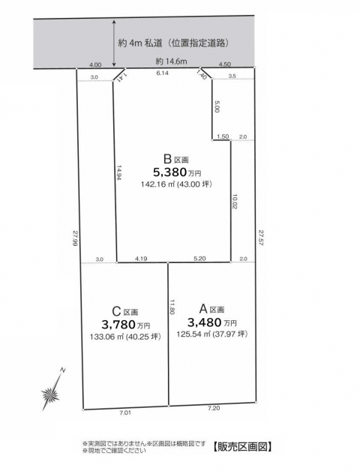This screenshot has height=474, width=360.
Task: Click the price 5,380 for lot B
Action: pyautogui.click(x=169, y=172)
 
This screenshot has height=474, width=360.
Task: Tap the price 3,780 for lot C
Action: pyautogui.click(x=118, y=325)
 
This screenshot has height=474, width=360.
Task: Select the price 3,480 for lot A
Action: pyautogui.click(x=205, y=322)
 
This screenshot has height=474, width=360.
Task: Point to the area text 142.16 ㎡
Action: pyautogui.click(x=154, y=184)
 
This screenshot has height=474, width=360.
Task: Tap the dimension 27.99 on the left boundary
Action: pyautogui.click(x=75, y=239)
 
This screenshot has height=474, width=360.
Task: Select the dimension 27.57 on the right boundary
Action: pyautogui.click(x=260, y=237)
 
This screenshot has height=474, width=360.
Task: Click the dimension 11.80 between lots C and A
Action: pyautogui.click(x=172, y=307)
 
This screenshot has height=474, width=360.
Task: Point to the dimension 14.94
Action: pyautogui.click(x=119, y=172)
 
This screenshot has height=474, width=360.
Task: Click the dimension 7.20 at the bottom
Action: pyautogui.click(x=214, y=409)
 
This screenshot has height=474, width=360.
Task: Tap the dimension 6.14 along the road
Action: pyautogui.click(x=162, y=73)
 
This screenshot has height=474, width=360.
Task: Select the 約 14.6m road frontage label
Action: pyautogui.click(x=172, y=61)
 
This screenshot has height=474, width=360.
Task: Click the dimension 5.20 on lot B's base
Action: pyautogui.click(x=199, y=259)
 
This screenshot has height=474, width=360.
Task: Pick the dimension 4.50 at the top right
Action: pyautogui.click(x=224, y=64)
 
